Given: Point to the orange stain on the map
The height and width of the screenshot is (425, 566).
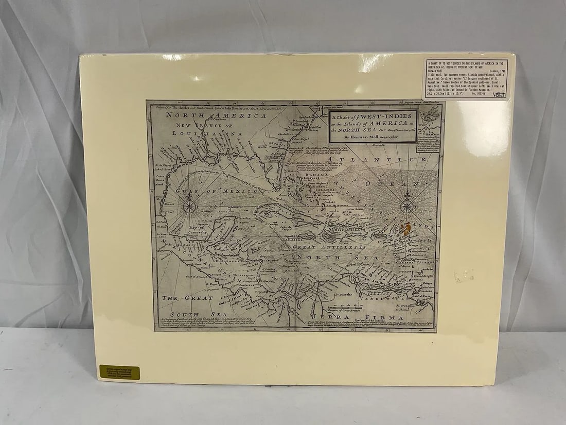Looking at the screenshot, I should coord(406,227).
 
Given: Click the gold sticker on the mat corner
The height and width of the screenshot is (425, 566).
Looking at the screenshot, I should coord(119,371).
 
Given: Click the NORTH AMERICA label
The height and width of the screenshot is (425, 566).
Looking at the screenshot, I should coord(216,116).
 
